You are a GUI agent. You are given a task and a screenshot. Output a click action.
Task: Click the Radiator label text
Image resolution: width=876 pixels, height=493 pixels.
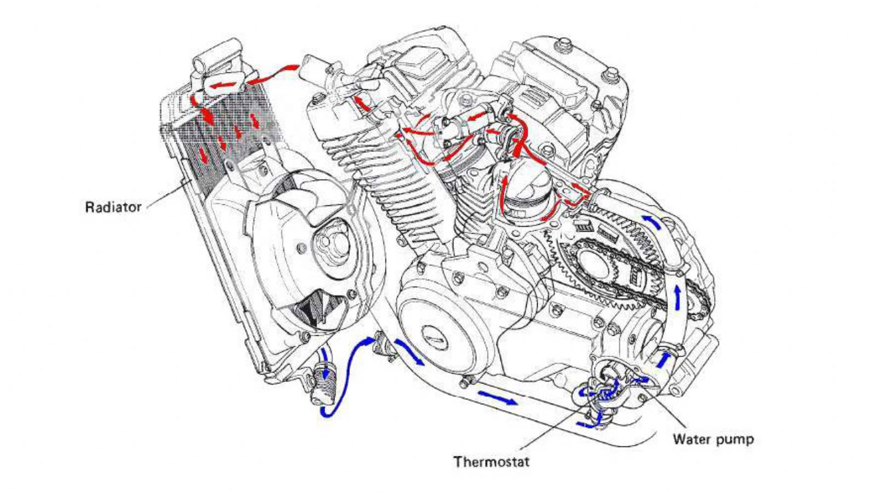113,208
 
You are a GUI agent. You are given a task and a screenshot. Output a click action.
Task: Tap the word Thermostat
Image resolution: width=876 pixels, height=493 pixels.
491,462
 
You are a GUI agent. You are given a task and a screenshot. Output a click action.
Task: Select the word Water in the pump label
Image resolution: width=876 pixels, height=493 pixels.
691,439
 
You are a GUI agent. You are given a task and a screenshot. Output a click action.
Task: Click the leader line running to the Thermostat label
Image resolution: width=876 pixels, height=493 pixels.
547,433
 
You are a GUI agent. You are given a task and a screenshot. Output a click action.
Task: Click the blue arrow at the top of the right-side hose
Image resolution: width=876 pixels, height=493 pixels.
652,222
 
